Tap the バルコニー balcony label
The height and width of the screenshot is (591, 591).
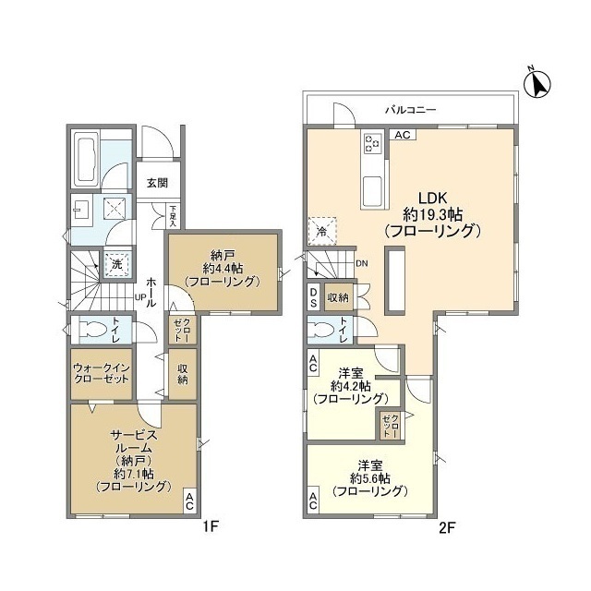tap(410, 110)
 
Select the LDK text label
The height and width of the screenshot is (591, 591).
tap(432, 198)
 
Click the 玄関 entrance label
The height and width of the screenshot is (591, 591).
tap(157, 183)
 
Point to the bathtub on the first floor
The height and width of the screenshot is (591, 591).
tap(86, 158)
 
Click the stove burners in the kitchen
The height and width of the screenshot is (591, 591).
tap(372, 143)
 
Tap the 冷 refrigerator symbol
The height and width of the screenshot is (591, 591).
tap(322, 232)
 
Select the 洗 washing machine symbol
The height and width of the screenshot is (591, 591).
tap(117, 264)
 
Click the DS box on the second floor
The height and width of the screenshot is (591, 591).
tap(314, 297)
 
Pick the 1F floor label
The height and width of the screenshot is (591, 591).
tap(211, 526)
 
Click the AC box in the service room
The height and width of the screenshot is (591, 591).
tap(189, 501)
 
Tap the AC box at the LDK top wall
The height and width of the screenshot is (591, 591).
tap(403, 135)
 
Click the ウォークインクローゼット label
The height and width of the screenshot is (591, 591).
tap(102, 373)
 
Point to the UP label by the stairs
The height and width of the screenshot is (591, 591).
tap(140, 296)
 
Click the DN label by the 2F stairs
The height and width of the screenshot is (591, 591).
tap(362, 263)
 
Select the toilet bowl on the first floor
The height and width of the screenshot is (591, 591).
tap(91, 330)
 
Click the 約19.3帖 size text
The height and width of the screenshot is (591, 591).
tap(433, 215)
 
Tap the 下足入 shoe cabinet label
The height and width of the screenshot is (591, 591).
tap(173, 216)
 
